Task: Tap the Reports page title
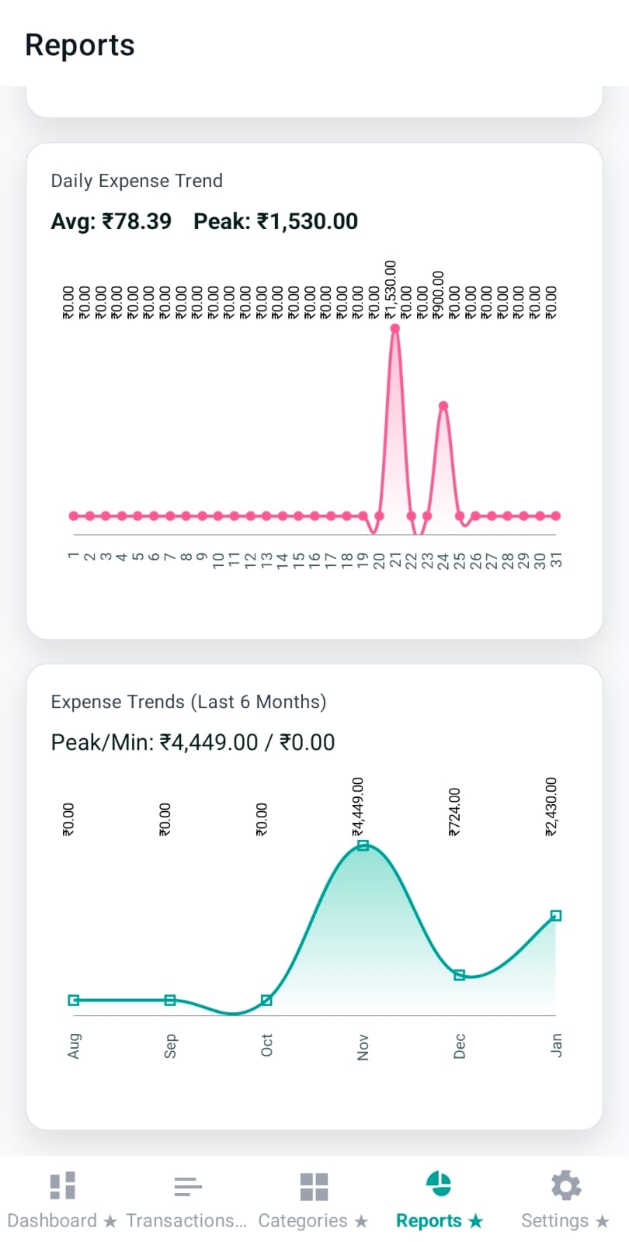tap(80, 45)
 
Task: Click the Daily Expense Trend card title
tap(137, 181)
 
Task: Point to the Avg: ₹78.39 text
tap(111, 221)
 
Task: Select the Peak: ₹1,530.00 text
tap(276, 221)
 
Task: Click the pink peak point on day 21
tap(395, 328)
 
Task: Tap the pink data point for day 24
tap(443, 406)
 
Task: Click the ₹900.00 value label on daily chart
tap(439, 295)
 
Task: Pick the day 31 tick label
tap(556, 560)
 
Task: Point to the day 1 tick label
tap(73, 556)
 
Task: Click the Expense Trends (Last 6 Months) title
tap(189, 702)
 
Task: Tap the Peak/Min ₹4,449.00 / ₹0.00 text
tap(193, 742)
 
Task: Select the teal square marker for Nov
tap(363, 845)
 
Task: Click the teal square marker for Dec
tap(459, 975)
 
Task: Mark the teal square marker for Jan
tap(556, 916)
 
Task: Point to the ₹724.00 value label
tap(455, 812)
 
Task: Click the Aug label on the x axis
tap(74, 1046)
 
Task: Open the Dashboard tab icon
tap(62, 1186)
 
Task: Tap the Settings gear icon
tap(565, 1186)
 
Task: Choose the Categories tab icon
tap(314, 1186)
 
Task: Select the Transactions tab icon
tap(187, 1186)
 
